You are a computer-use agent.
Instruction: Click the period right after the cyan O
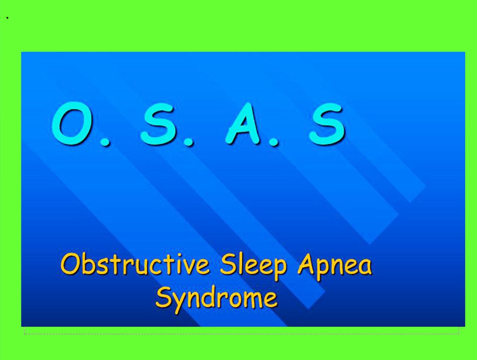(x=105, y=141)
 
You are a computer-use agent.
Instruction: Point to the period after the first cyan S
(x=188, y=141)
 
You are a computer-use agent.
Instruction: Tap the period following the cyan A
(x=273, y=141)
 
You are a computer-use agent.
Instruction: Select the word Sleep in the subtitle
(x=253, y=265)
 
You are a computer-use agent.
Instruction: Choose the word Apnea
(x=335, y=265)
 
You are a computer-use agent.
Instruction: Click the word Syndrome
(x=216, y=297)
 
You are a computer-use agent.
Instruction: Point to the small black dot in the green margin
(x=7, y=18)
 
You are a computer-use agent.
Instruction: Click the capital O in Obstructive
(x=71, y=264)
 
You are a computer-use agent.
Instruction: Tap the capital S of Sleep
(x=228, y=264)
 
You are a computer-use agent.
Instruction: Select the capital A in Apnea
(x=306, y=264)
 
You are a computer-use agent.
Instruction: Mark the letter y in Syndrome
(x=179, y=301)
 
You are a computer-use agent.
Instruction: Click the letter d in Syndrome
(x=209, y=296)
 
